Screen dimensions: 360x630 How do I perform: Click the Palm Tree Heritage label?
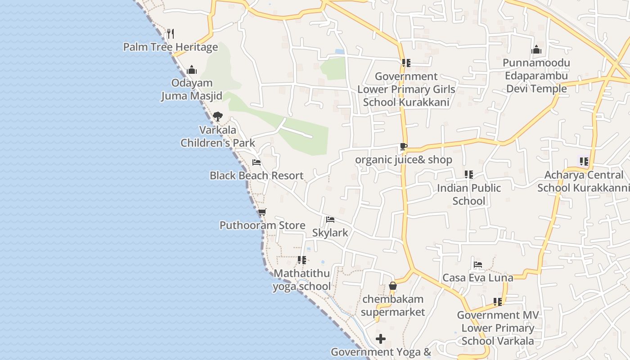171,47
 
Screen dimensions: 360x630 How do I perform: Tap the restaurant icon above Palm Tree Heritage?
171,34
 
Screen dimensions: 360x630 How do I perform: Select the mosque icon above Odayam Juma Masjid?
192,70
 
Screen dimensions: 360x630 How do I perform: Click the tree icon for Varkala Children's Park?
218,117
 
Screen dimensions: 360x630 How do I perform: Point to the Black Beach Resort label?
256,175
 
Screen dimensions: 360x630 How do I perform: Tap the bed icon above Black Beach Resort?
256,162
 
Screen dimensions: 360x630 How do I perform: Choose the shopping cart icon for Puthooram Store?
262,212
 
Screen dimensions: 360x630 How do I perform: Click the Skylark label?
330,233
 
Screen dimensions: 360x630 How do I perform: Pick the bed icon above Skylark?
330,220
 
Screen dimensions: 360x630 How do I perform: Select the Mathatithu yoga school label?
301,280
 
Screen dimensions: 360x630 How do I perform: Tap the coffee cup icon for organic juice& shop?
404,147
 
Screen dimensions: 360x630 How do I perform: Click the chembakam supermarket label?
393,306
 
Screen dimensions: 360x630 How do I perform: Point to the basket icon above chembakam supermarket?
393,286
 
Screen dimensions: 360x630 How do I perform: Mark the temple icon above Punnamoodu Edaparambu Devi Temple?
536,49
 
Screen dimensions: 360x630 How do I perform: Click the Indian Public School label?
469,194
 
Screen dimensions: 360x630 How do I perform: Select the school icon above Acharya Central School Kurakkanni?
584,162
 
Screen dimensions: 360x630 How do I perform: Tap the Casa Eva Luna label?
478,278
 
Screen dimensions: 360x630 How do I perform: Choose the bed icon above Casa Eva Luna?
478,265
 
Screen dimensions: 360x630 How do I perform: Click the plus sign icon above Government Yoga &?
381,338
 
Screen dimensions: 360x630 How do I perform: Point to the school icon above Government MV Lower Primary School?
497,301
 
